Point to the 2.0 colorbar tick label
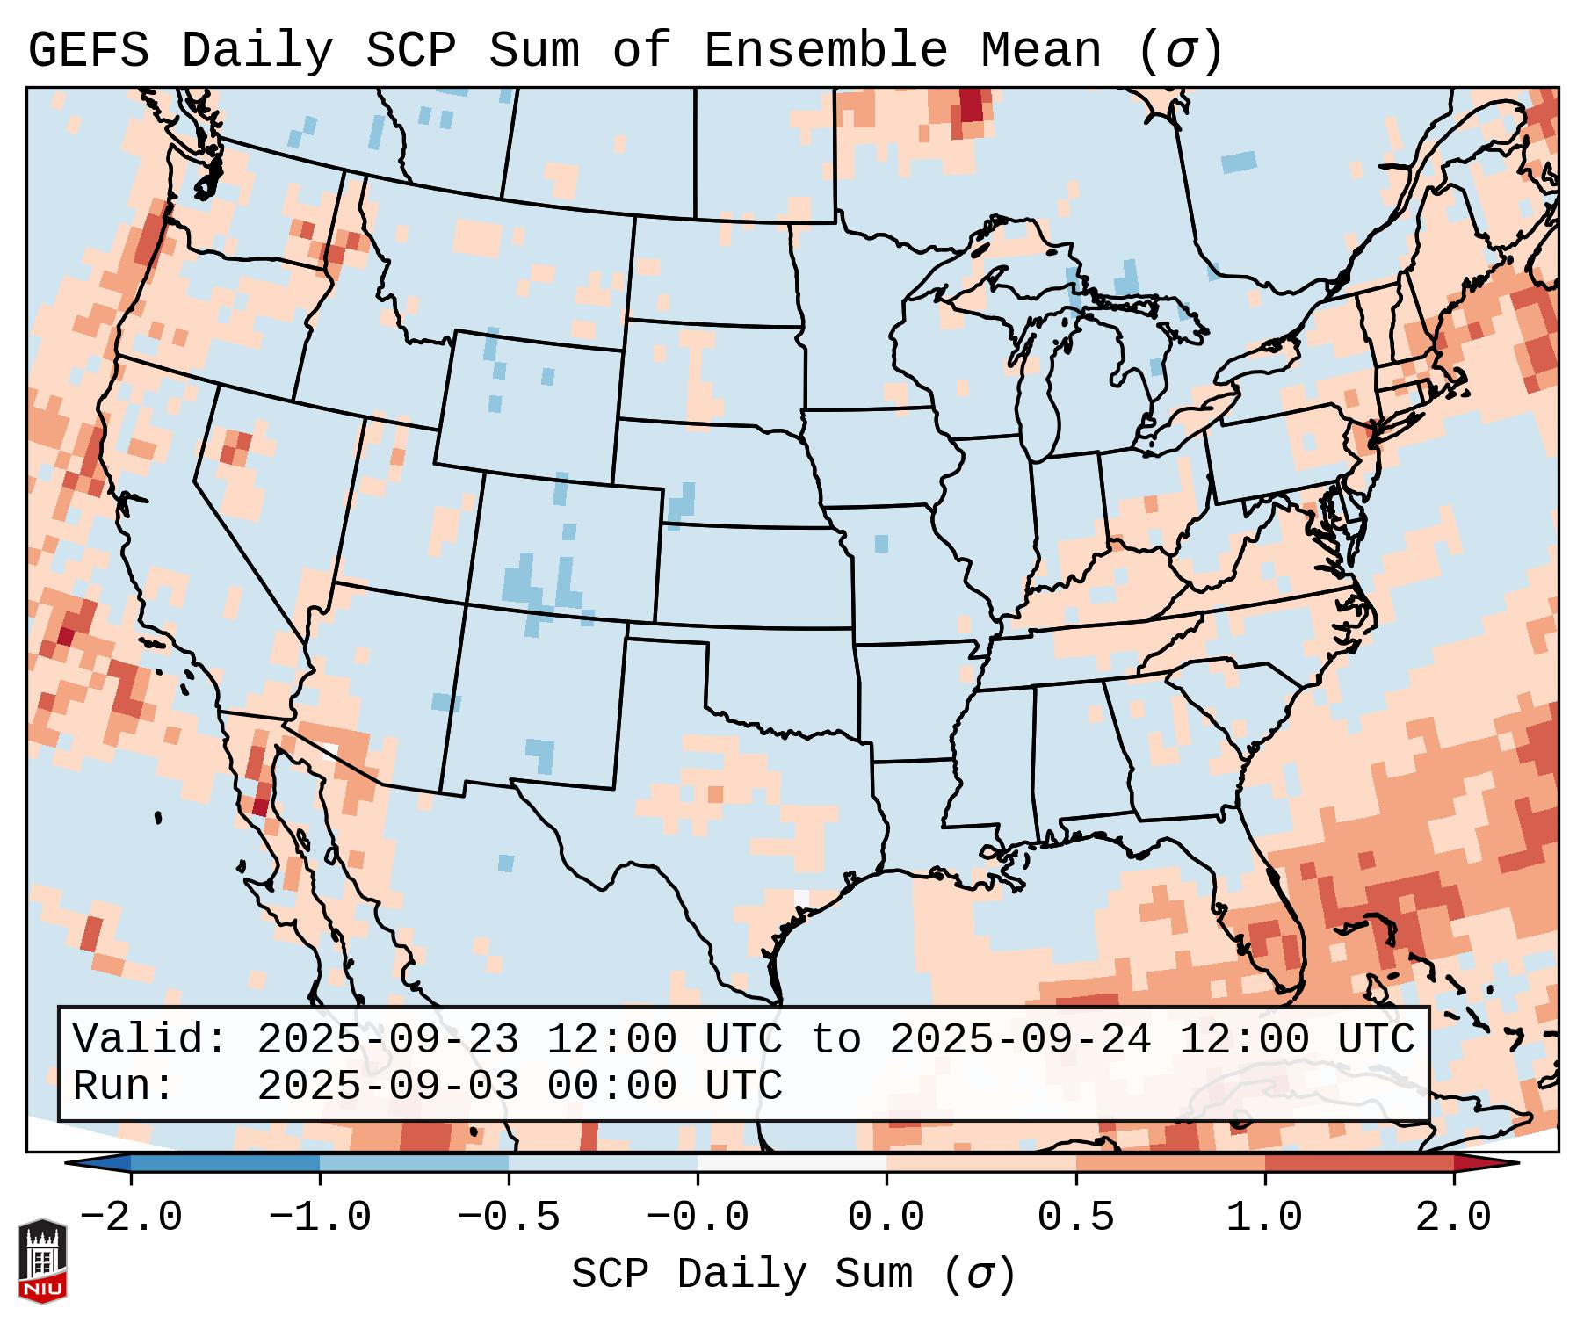(1453, 1218)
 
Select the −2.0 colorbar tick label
(131, 1218)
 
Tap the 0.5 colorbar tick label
(1075, 1218)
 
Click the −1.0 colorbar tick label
(320, 1218)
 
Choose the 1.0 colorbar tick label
(1264, 1218)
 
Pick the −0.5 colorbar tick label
(509, 1218)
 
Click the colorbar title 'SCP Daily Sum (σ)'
(793, 1274)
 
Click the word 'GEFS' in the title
(88, 51)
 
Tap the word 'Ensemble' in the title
(825, 51)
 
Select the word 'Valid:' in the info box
(149, 1039)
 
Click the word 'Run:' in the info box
(123, 1086)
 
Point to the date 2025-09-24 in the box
(1019, 1039)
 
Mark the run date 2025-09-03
(387, 1086)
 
